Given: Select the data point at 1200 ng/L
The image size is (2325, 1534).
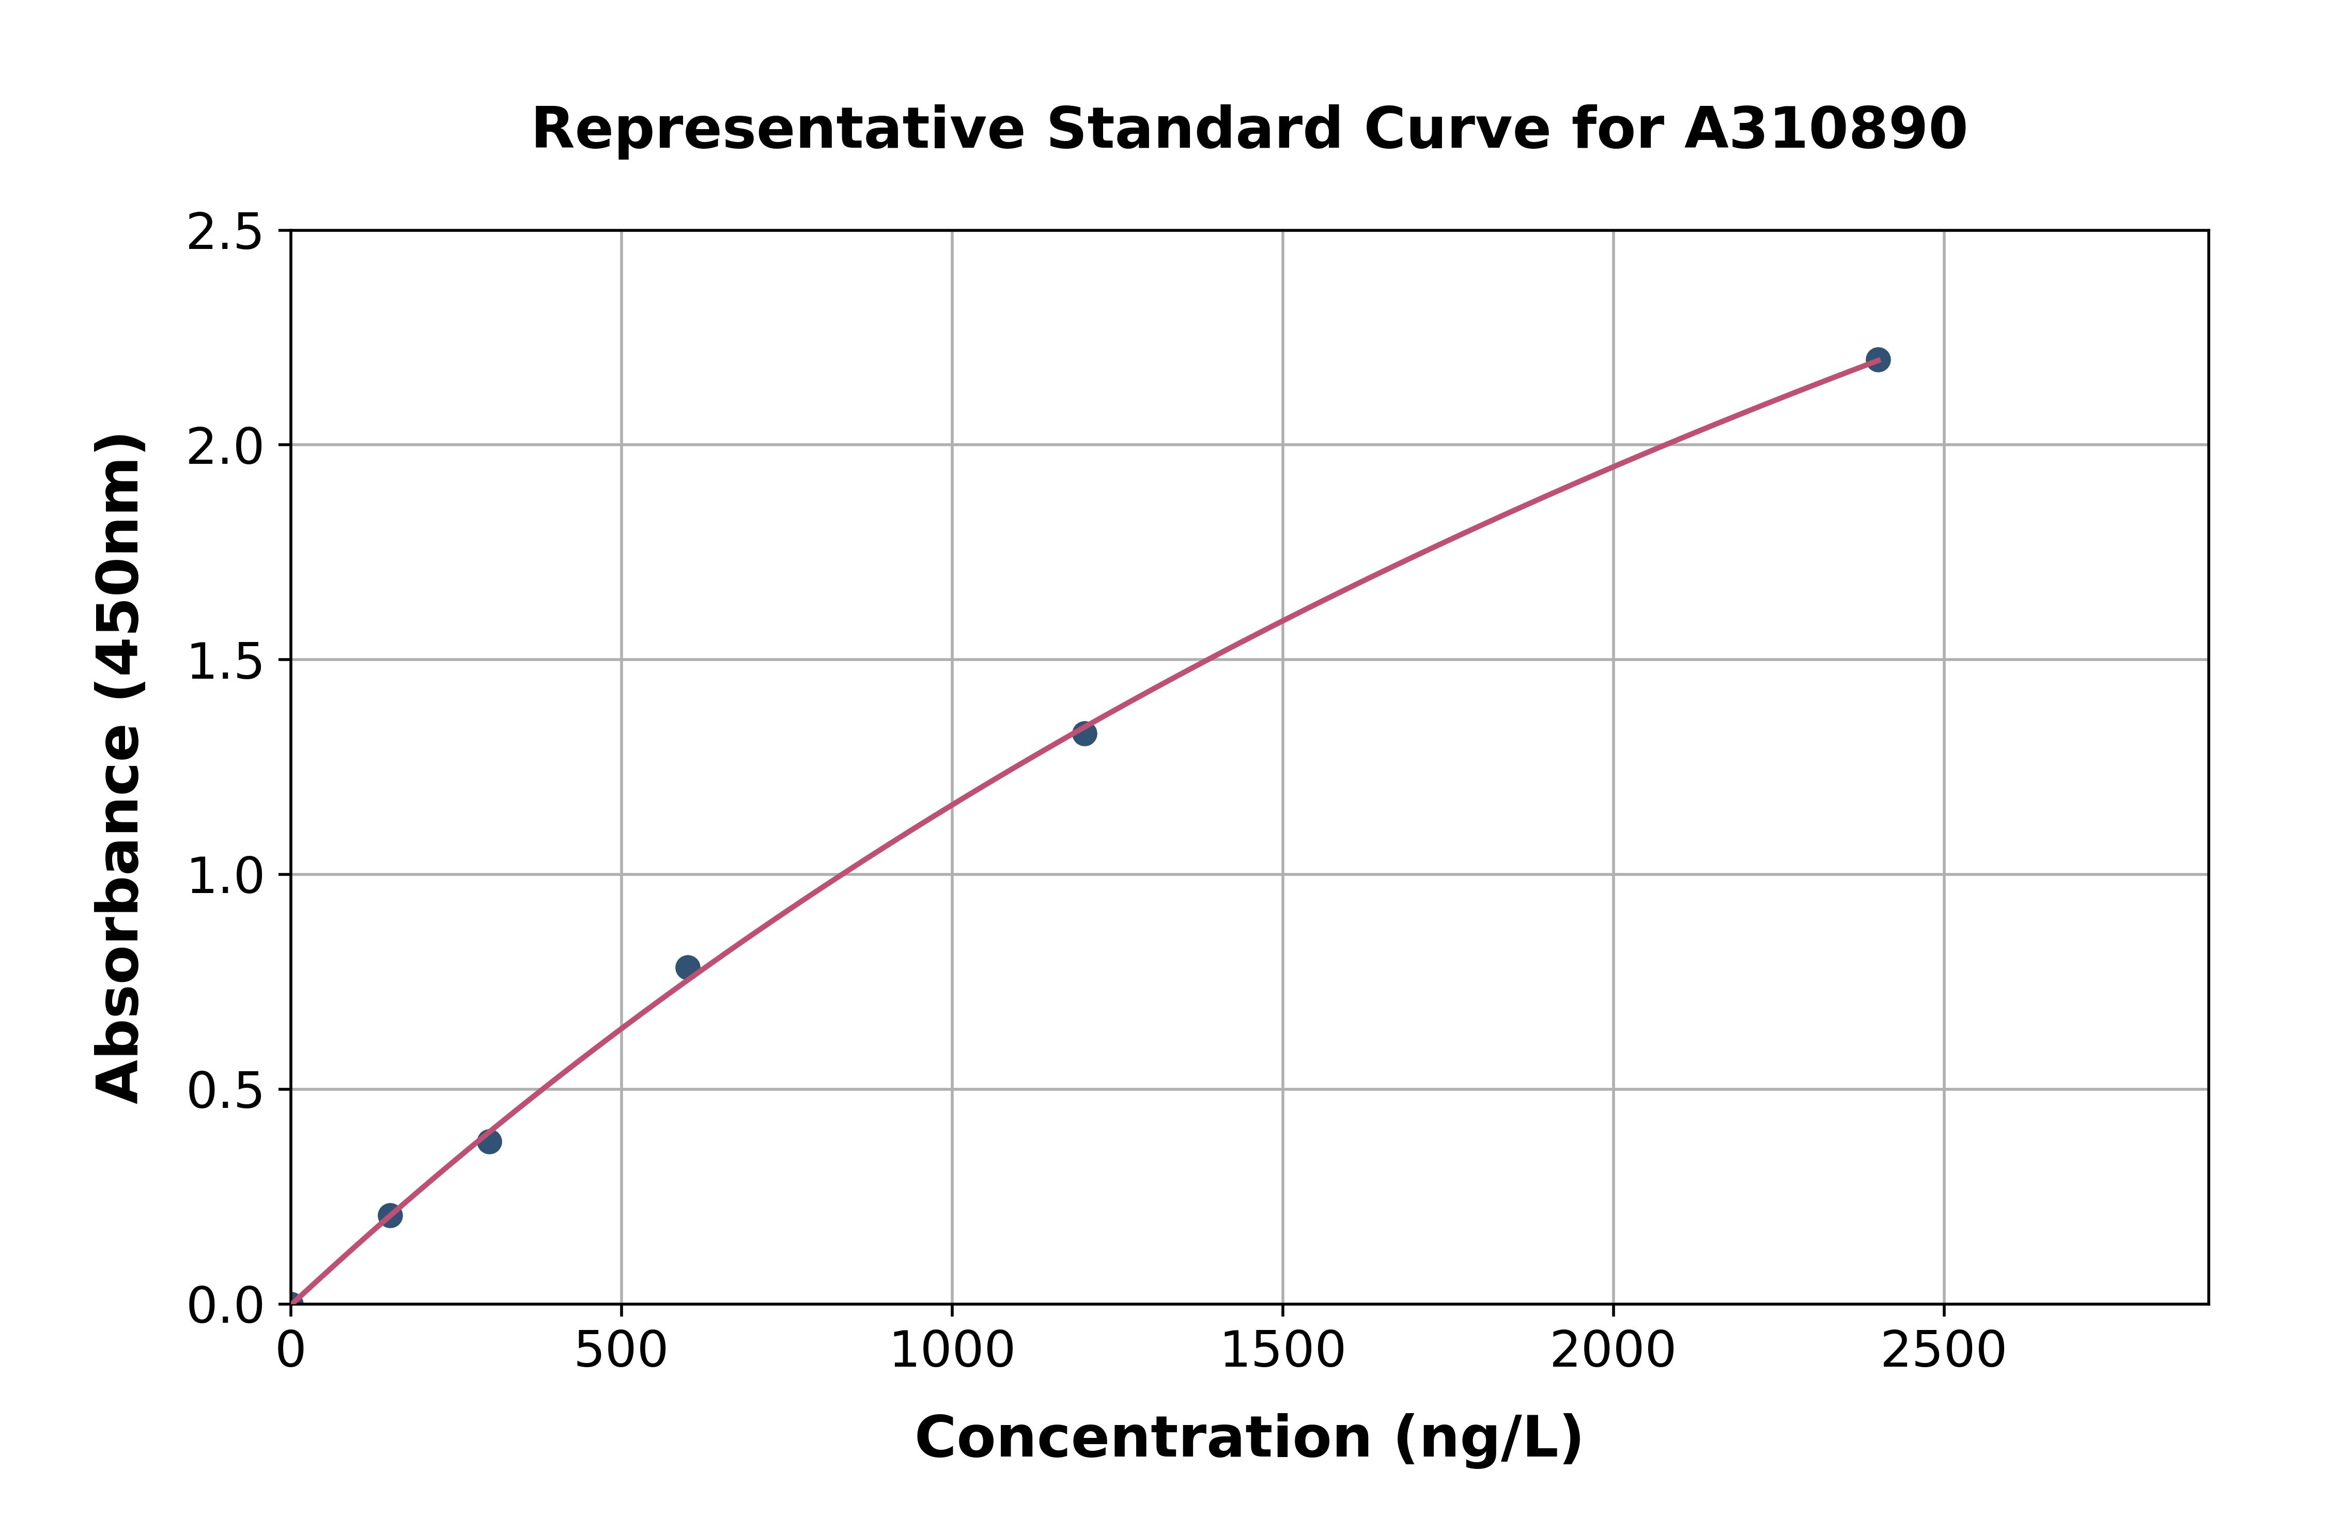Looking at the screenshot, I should pyautogui.click(x=1084, y=733).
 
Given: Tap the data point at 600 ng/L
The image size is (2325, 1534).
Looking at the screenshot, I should pyautogui.click(x=688, y=967).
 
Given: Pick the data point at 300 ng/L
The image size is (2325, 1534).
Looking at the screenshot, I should pyautogui.click(x=489, y=1141).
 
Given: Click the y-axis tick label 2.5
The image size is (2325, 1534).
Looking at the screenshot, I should pyautogui.click(x=225, y=233).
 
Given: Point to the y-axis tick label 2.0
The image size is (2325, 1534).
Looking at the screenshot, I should pyautogui.click(x=225, y=447).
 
